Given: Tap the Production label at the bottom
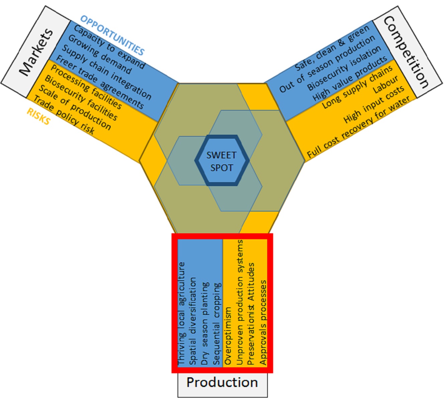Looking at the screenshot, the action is point(222,382).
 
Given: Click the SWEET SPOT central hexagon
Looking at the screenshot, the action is point(222,160).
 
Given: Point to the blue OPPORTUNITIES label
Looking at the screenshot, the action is point(112,35).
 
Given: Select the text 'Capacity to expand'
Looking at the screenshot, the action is point(110,47).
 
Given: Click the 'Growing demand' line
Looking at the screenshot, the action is point(100,55).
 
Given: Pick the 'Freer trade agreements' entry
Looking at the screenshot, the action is point(100,82).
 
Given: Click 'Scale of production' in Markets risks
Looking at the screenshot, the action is point(75,108).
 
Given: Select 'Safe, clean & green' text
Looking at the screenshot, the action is point(332,48).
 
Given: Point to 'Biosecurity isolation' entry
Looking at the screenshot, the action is point(344,68).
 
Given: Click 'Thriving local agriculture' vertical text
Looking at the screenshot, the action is point(182,314).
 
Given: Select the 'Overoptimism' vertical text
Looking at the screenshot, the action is point(228,336).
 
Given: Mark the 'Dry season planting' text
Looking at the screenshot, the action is point(205,323).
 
